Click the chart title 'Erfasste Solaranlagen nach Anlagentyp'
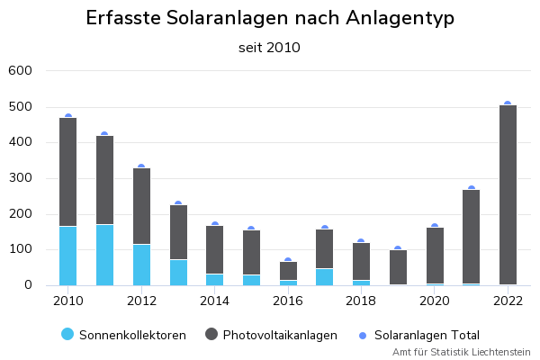click(x=270, y=19)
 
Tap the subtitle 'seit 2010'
click(x=270, y=48)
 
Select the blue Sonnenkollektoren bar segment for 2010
click(x=67, y=256)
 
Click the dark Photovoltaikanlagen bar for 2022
click(x=508, y=194)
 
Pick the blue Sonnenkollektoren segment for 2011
click(x=104, y=255)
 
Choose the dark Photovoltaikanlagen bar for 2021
click(x=471, y=237)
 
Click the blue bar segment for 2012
click(x=141, y=265)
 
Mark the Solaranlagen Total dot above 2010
click(x=67, y=117)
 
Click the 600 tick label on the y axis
click(x=20, y=70)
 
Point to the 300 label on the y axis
click(x=20, y=178)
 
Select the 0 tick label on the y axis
click(x=28, y=285)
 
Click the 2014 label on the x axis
click(x=214, y=301)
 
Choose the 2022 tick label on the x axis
click(x=508, y=301)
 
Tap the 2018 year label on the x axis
click(x=361, y=301)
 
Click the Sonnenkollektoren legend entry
click(x=124, y=335)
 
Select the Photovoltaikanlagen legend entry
click(x=271, y=335)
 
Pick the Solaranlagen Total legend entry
click(x=418, y=335)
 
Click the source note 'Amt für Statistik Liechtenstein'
click(x=462, y=352)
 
